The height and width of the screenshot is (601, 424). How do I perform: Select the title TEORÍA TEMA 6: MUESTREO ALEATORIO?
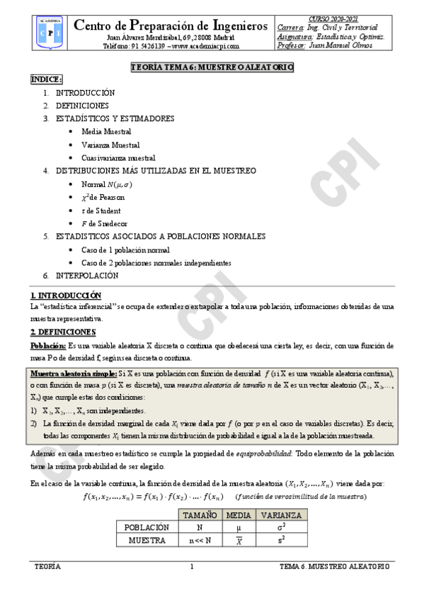[212, 67]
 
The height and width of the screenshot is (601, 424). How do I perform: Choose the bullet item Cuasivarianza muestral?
[118, 158]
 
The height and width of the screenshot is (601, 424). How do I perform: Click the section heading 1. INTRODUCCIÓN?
[66, 295]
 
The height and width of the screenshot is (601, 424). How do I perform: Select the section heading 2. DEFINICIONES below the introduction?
[63, 332]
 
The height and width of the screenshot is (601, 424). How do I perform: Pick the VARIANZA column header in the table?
[281, 515]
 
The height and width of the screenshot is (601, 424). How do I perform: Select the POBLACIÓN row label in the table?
[146, 527]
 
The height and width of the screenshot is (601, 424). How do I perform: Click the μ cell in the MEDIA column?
[238, 527]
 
